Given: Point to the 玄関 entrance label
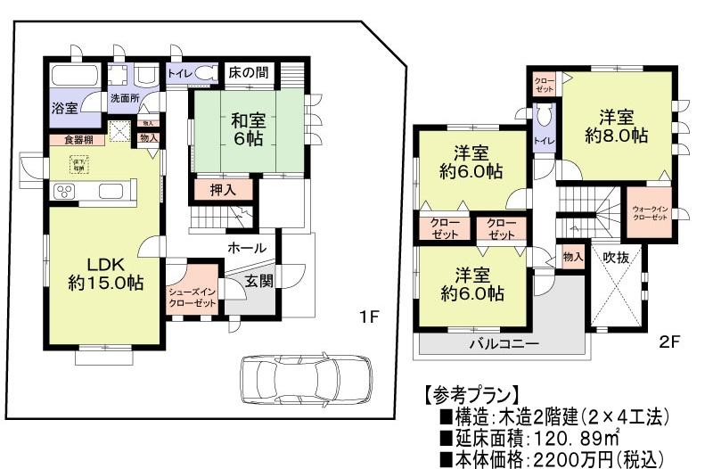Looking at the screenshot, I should click(259, 282).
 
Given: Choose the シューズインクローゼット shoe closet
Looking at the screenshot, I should click(193, 293).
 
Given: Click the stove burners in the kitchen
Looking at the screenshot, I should click(65, 191).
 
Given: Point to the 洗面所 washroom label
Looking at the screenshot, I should click(124, 98).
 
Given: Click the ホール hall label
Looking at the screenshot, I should click(246, 247).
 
